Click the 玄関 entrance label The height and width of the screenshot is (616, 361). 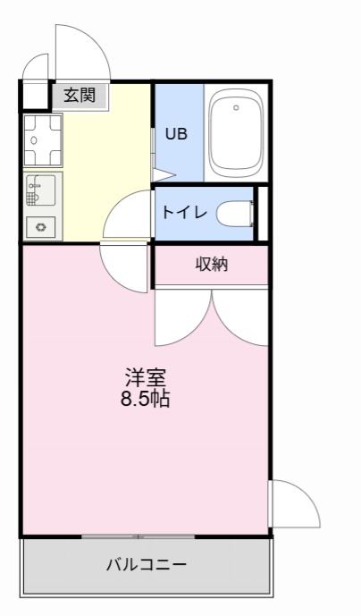pos(79,95)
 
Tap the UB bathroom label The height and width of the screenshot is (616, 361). pos(176,134)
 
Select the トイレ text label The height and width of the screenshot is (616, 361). pos(185,214)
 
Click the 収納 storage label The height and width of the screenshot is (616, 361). pos(212,264)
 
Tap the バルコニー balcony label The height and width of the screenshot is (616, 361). pos(146,565)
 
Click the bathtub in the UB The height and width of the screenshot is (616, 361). pos(238,134)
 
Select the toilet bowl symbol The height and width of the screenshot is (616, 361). pos(237,214)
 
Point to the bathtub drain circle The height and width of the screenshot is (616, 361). pos(237,107)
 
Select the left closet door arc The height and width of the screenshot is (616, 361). pos(183,322)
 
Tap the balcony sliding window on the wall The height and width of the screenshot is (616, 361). pos(139,536)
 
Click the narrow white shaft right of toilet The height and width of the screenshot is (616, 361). pos(262,214)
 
